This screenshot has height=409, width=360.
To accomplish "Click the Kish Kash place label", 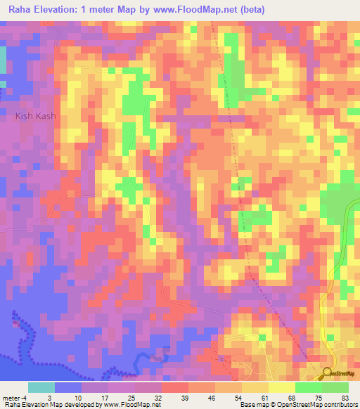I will (x=35, y=116).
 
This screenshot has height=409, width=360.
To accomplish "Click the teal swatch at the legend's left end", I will (x=41, y=387).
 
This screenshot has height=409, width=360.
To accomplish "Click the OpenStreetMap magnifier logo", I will (x=328, y=375).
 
